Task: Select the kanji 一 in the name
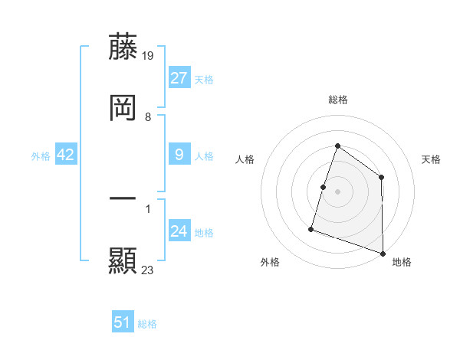(x=123, y=198)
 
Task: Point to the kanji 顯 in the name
(x=123, y=260)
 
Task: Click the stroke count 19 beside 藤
(x=149, y=55)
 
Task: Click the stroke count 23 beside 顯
(x=148, y=270)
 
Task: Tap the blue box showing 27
(x=179, y=78)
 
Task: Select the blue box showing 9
(x=179, y=155)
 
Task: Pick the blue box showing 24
(x=179, y=231)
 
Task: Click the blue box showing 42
(x=66, y=155)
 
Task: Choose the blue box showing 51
(x=123, y=322)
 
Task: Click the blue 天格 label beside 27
(x=204, y=80)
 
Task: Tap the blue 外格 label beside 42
(x=41, y=156)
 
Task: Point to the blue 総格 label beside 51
(x=147, y=324)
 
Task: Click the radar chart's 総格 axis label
(x=337, y=100)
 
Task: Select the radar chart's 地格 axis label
(x=402, y=262)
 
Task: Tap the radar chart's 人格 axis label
(x=245, y=159)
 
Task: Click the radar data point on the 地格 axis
(x=383, y=252)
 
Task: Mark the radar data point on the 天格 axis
(x=381, y=178)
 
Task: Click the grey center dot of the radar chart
(x=337, y=191)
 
